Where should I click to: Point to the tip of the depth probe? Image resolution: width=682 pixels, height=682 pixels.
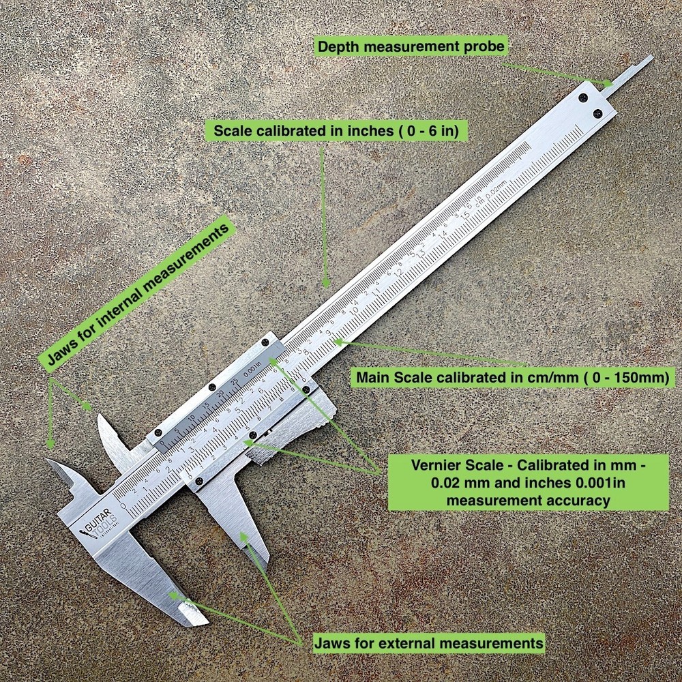click(x=651, y=58)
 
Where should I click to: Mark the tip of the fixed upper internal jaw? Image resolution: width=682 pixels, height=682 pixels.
click(x=49, y=462)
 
